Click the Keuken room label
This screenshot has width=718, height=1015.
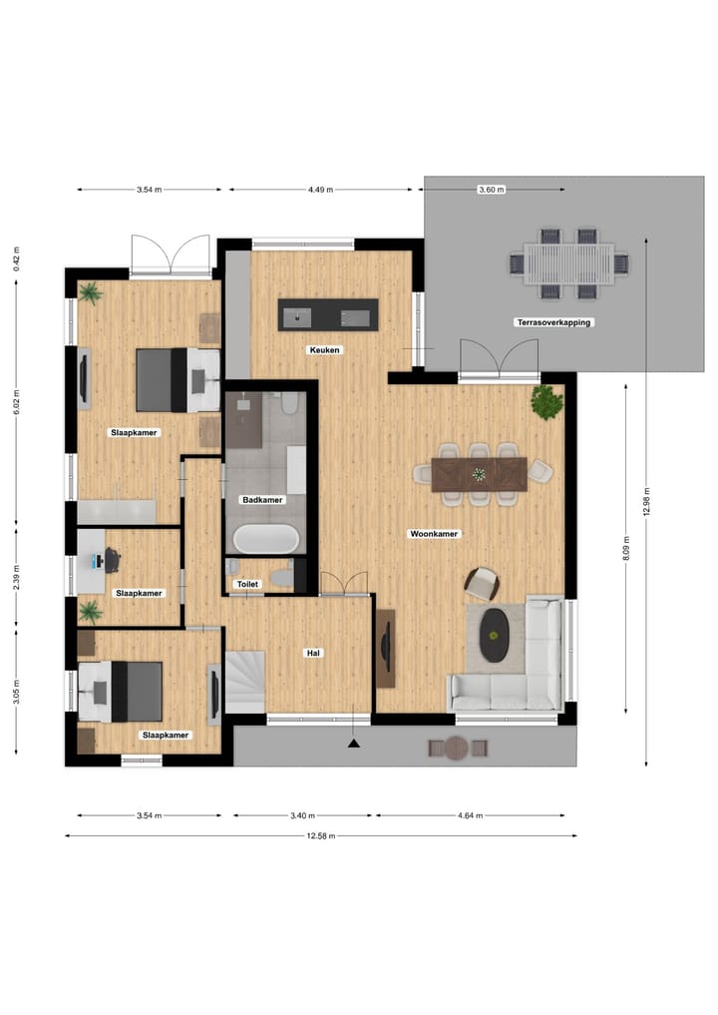[325, 350]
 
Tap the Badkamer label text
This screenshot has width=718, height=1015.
[262, 499]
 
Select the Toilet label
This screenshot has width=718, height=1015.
[247, 584]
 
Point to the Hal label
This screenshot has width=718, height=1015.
[312, 653]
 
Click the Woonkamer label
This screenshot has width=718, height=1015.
[434, 534]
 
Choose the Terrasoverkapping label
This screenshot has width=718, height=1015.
[553, 322]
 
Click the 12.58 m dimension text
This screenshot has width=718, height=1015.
[320, 835]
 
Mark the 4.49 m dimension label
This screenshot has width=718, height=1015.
[320, 189]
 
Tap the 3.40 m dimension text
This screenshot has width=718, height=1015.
[298, 815]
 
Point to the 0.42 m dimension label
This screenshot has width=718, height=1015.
[16, 258]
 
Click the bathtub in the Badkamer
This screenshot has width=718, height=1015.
[266, 539]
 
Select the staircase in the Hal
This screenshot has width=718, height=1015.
[245, 681]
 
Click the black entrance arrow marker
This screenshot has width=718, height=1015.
[353, 743]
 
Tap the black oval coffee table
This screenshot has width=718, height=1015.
[495, 635]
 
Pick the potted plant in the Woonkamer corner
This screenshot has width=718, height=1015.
[546, 402]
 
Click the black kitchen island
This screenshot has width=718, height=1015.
[328, 314]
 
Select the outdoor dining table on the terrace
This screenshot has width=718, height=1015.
[568, 264]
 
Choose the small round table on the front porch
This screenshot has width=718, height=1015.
[457, 748]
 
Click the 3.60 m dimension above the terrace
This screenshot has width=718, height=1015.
[492, 189]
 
